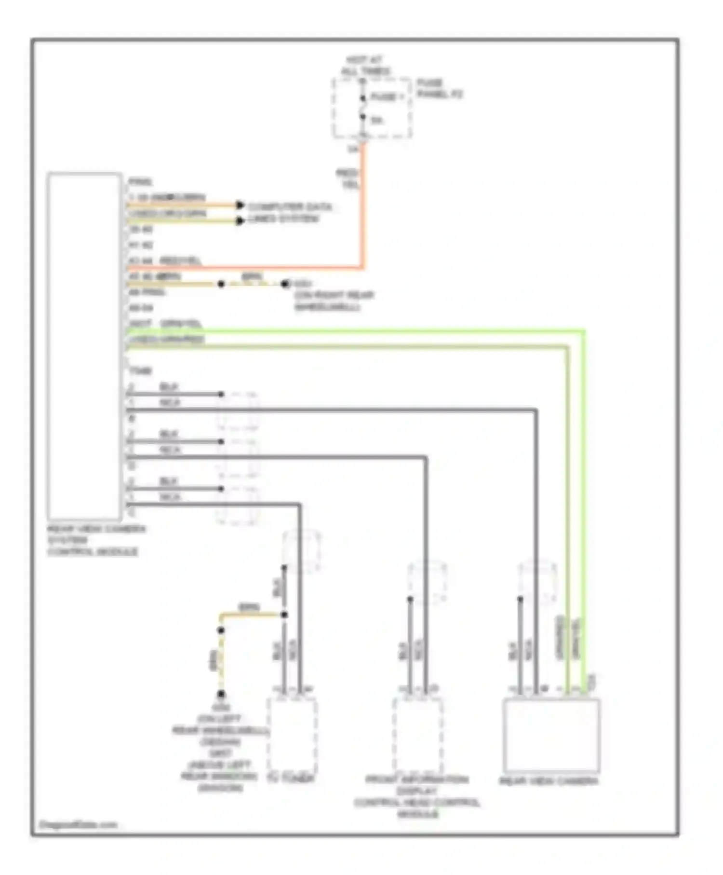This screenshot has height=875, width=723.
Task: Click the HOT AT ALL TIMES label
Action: coord(365,66)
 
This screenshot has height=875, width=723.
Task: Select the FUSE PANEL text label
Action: coord(439,88)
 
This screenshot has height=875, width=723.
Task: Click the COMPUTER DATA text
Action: coord(290,207)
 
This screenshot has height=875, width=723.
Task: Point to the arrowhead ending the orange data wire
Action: coord(240,205)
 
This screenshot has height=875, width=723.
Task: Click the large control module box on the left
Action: coord(84,345)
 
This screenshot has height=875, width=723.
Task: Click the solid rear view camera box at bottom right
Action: coord(551,735)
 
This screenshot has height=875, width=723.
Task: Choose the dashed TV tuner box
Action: coord(292,735)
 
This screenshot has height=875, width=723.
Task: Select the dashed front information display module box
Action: coord(418,735)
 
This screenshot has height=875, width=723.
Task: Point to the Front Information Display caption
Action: coord(417,796)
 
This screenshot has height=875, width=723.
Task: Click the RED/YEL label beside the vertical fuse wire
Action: coord(347,178)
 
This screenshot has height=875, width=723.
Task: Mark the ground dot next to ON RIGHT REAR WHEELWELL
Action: coord(285,284)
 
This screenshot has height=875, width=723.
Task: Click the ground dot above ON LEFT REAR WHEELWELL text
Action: coord(221,694)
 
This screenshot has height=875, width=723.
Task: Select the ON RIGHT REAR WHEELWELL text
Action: coord(334,301)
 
